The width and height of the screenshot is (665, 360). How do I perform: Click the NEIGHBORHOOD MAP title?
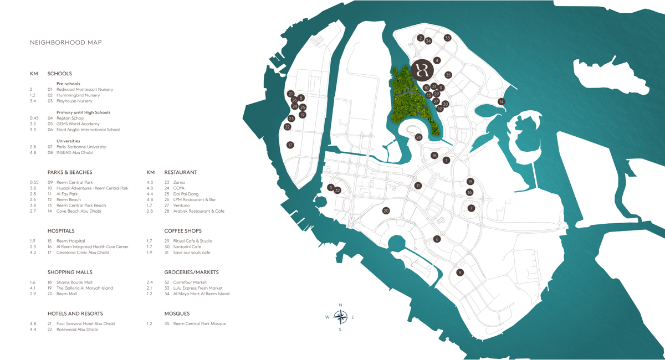point(65,43)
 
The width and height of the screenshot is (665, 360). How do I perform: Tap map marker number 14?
point(501,101)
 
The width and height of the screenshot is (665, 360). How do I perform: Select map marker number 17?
point(290,145)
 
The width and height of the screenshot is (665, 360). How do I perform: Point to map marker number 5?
point(459,272)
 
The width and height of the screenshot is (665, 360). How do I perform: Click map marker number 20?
point(386,210)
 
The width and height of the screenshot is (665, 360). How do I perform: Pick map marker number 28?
point(418,137)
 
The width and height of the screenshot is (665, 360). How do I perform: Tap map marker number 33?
point(447,38)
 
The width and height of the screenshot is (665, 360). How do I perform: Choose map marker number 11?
point(418,186)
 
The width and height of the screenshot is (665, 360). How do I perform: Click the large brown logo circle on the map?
point(424,70)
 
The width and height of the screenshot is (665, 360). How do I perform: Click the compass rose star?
point(340,317)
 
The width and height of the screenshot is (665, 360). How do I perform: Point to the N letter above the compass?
point(340,305)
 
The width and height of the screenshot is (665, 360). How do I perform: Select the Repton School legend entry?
point(70,118)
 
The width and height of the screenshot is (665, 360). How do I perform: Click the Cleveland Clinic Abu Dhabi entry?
point(82,253)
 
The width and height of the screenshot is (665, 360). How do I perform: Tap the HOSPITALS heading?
point(61,231)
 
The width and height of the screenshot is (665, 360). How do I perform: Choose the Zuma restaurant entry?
point(179,182)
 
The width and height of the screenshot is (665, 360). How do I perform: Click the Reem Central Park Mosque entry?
point(199,323)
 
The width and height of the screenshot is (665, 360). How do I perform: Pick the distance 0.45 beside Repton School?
point(34,118)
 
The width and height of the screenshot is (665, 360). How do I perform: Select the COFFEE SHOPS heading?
point(183,231)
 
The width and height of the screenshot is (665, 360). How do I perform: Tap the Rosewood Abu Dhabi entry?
point(77,330)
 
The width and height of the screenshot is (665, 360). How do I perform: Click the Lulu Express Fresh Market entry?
point(197,288)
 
